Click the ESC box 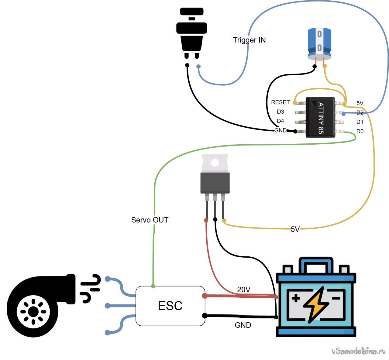pyautogui.click(x=170, y=306)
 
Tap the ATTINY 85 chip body pyautogui.click(x=320, y=118)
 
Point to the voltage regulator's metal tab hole pyautogui.click(x=215, y=163)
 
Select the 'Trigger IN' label pyautogui.click(x=249, y=40)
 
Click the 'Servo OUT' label pyautogui.click(x=150, y=220)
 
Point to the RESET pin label pyautogui.click(x=280, y=102)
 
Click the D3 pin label pyautogui.click(x=280, y=112)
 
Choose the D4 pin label pyautogui.click(x=280, y=121)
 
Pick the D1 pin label pyautogui.click(x=360, y=122)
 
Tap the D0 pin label pyautogui.click(x=360, y=132)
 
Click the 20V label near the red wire pyautogui.click(x=244, y=290)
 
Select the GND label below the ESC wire pyautogui.click(x=243, y=325)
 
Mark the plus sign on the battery pyautogui.click(x=296, y=298)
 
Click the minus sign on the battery pyautogui.click(x=336, y=298)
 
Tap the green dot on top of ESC pyautogui.click(x=153, y=286)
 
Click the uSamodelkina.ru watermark pyautogui.click(x=358, y=351)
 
